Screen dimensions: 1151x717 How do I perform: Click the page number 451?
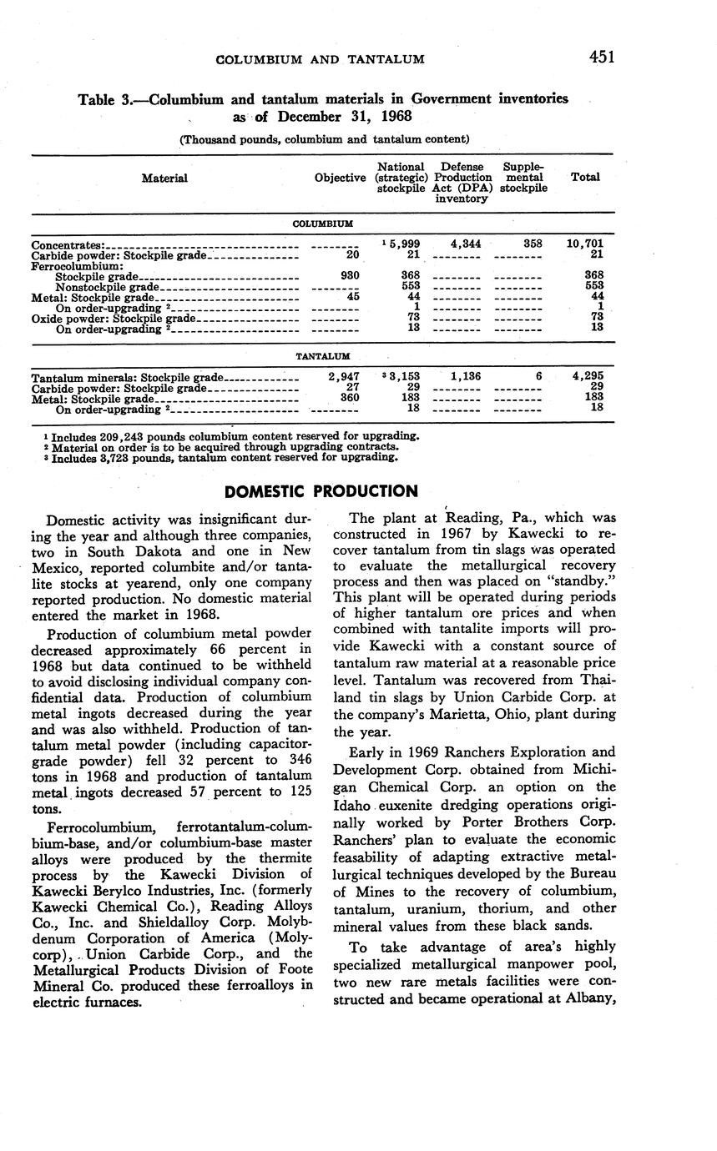tap(601, 57)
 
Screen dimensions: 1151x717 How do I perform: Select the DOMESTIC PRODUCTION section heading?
tap(321, 491)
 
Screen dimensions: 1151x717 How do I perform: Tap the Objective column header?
tap(340, 178)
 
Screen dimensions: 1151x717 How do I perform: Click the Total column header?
tap(584, 178)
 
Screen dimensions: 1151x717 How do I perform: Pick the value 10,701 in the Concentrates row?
tap(584, 244)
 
